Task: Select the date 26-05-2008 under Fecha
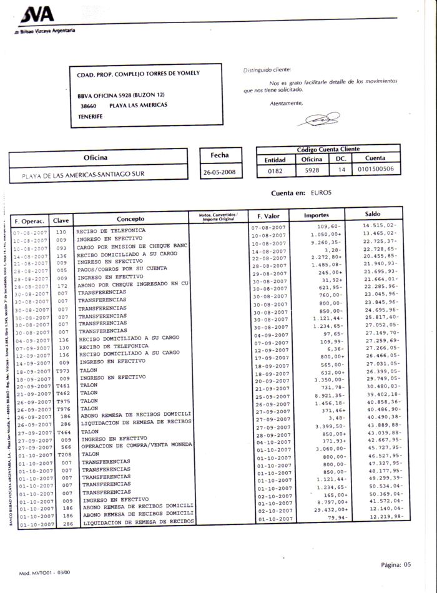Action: [x=223, y=172]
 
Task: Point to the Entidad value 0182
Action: [x=274, y=169]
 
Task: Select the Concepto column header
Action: [x=130, y=218]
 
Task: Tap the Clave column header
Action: [x=61, y=220]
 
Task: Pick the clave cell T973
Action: [x=62, y=371]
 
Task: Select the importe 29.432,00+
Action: [x=325, y=509]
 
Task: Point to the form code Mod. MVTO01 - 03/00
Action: [x=45, y=572]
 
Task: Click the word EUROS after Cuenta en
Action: [x=323, y=194]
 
